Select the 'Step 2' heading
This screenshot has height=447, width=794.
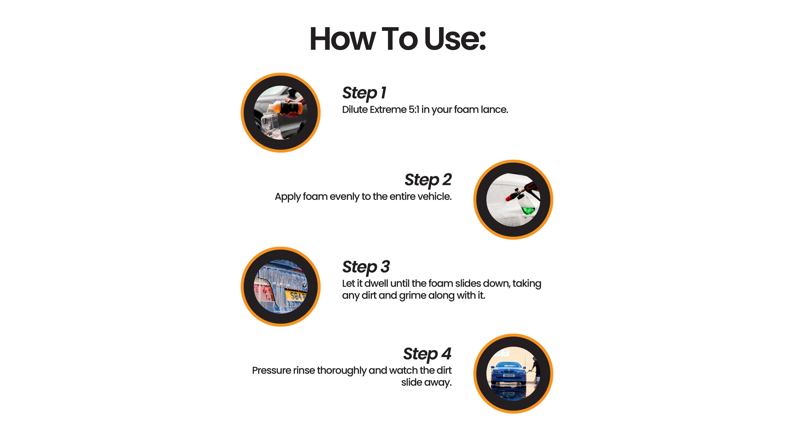(428, 180)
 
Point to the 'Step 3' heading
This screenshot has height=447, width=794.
(366, 267)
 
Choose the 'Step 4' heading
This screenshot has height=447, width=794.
(427, 354)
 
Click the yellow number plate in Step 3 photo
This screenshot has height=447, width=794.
(295, 296)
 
